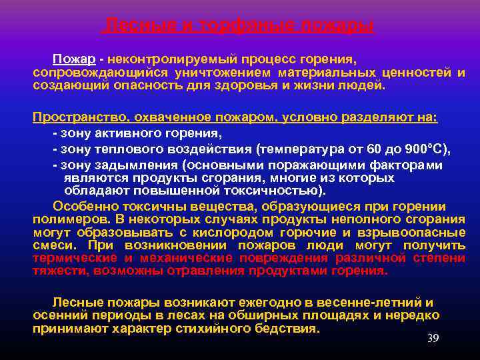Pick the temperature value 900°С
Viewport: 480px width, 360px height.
click(427, 148)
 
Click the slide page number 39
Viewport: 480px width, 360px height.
click(433, 339)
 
